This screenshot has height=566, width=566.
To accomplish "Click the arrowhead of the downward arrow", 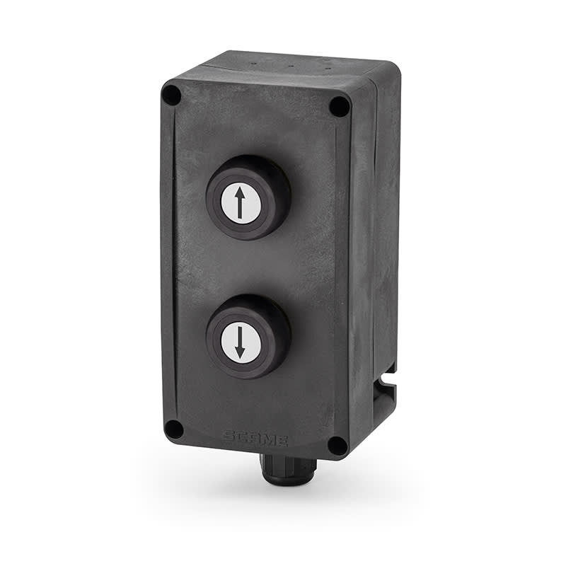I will point(239,352).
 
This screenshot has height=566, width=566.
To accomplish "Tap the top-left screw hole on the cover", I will point(171,94).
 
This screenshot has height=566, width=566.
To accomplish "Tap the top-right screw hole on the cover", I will point(340,106).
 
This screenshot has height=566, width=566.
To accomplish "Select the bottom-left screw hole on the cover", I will point(173,428).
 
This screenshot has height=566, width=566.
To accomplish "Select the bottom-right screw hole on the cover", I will point(337,445).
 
